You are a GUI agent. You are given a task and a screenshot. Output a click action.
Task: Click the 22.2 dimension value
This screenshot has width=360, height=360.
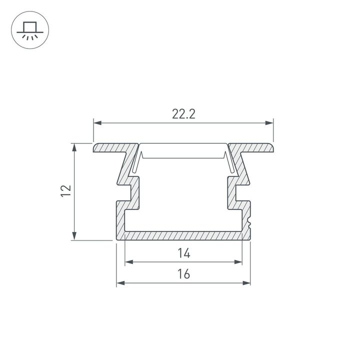183,114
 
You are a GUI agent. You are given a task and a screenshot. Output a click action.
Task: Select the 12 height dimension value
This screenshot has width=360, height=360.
65,191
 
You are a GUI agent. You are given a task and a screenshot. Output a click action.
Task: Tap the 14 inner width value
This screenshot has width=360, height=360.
183,253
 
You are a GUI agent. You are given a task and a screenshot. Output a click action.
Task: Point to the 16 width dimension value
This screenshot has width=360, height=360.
183,274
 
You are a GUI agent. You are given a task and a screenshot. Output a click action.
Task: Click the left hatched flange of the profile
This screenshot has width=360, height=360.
112,148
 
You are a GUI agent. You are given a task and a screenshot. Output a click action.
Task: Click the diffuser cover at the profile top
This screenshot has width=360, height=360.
183,150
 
